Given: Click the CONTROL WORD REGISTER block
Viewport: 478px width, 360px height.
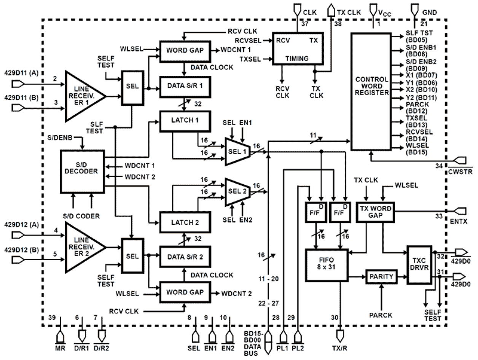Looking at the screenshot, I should (x=371, y=91).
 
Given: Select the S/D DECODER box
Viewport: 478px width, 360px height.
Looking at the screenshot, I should (x=82, y=171).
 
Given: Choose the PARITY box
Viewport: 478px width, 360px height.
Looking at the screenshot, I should (x=381, y=277).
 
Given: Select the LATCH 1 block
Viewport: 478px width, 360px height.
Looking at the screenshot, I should (x=185, y=120).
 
